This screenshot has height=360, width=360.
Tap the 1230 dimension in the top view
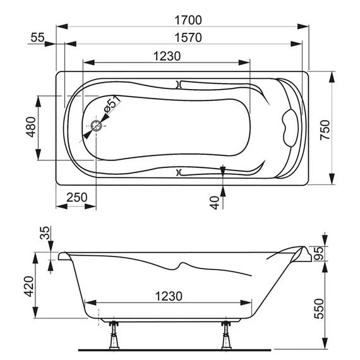pos(167,56)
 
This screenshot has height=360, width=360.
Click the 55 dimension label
pos(37,38)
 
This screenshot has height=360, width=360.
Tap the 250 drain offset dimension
pos(75,197)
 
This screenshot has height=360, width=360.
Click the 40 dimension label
pos(215,202)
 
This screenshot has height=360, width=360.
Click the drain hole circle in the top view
pos(97,126)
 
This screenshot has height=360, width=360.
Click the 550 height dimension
pos(336,308)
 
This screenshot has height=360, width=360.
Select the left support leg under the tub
pos(116,335)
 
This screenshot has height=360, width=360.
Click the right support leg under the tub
pos(225,335)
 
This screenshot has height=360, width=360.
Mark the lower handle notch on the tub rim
pos(179,171)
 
